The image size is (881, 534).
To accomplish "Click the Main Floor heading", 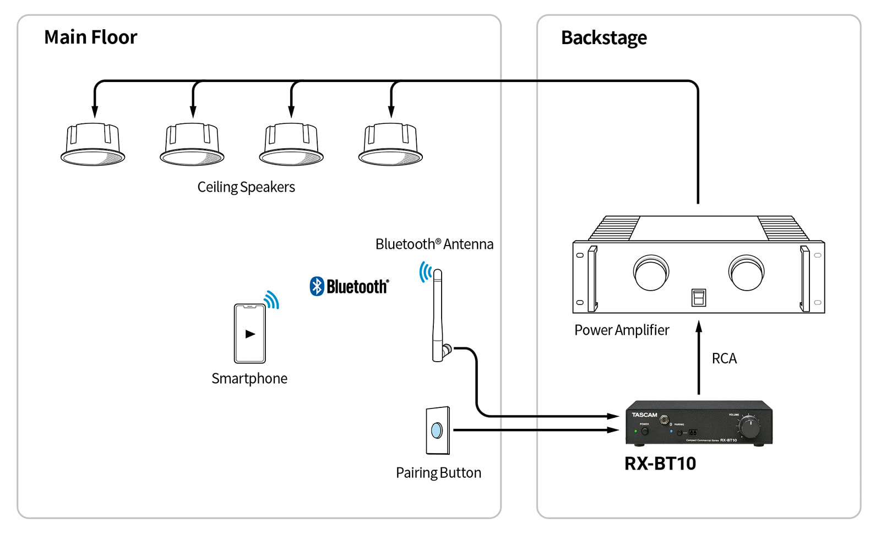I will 90,37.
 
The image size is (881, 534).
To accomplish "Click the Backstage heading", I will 603,38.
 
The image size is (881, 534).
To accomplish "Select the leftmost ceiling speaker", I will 93,145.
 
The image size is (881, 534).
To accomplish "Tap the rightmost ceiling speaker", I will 390,145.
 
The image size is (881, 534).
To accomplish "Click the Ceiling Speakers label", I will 246,187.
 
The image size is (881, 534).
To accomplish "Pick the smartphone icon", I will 250,334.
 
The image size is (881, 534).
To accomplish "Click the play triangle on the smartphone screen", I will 250,334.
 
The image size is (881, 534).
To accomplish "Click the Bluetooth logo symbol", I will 317,286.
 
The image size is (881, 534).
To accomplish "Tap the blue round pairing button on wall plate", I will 437,430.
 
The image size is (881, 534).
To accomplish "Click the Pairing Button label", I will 438,473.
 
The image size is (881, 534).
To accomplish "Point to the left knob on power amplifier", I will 651,273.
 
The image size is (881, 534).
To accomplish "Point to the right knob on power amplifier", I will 746,273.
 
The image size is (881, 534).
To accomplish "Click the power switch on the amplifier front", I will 698,297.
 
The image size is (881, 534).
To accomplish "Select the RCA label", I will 724,359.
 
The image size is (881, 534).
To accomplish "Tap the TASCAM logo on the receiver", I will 644,415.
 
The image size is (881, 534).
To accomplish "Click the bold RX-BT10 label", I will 660,464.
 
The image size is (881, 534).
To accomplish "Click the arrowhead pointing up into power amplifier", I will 699,327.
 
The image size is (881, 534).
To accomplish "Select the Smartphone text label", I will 249,379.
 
